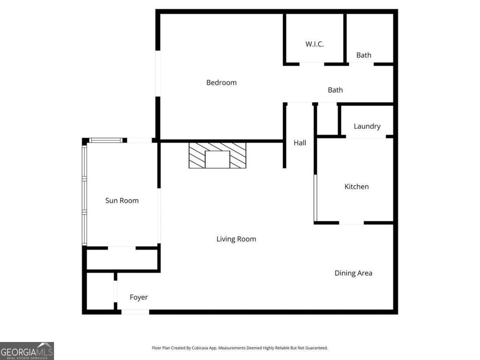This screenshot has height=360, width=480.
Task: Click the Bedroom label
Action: pos(221,82)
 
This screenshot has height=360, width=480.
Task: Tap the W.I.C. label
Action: pos(314,44)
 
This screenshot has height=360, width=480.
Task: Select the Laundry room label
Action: pos(367,126)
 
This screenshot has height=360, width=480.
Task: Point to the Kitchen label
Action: pos(356,186)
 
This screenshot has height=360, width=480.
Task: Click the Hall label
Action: pos(300,142)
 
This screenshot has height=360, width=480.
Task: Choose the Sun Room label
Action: pos(122,200)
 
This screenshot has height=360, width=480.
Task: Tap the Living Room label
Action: pos(236,239)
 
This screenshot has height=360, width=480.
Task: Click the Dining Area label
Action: pos(353,273)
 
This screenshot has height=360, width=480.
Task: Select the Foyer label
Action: pos(138,297)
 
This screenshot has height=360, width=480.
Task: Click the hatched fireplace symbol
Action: pos(217,155)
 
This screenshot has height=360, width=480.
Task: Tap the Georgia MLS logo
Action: pos(27,351)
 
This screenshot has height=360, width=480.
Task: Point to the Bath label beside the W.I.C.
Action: pos(364,55)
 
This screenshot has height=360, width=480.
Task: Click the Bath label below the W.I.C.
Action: pos(335,90)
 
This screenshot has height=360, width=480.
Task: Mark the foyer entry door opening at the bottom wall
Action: pos(135,312)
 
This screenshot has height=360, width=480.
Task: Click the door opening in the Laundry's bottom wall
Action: pos(366,137)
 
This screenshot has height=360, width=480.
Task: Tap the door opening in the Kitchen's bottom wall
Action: pos(351,223)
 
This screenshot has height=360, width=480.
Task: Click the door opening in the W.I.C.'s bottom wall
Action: pos(312,64)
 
